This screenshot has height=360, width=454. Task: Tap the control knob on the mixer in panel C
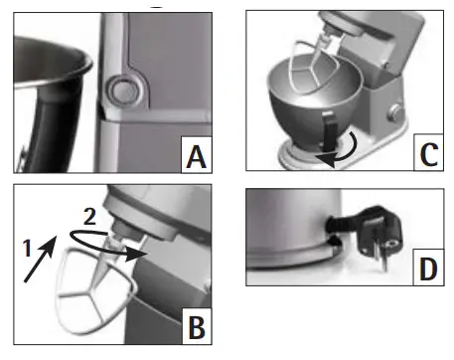point(397,110)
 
